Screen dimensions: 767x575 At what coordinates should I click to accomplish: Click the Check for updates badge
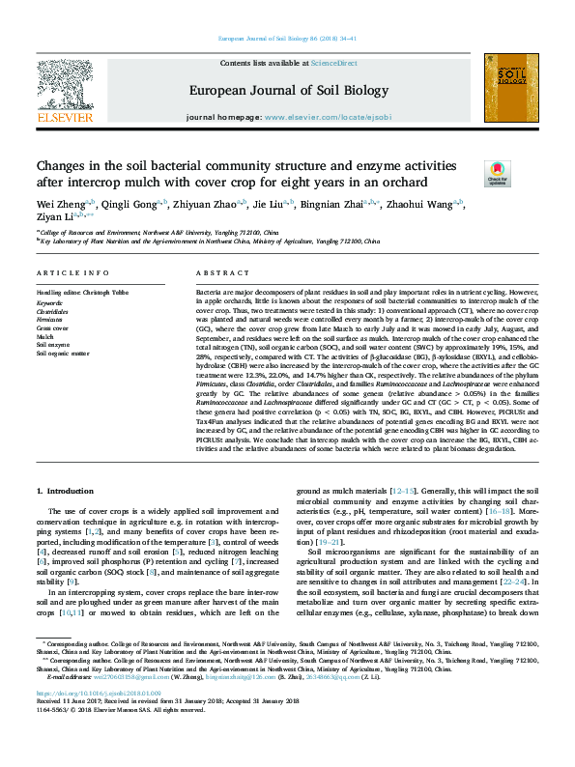click(x=498, y=174)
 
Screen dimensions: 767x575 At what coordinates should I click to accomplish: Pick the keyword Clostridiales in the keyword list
click(x=52, y=313)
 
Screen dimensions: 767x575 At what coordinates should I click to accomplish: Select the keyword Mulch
click(x=45, y=337)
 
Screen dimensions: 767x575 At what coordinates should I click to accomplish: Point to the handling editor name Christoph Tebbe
click(x=105, y=290)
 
